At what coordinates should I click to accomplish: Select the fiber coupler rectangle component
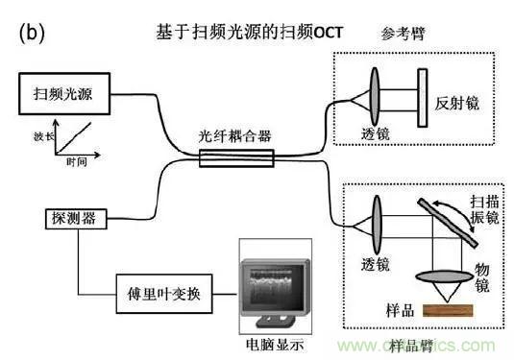click(x=235, y=156)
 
